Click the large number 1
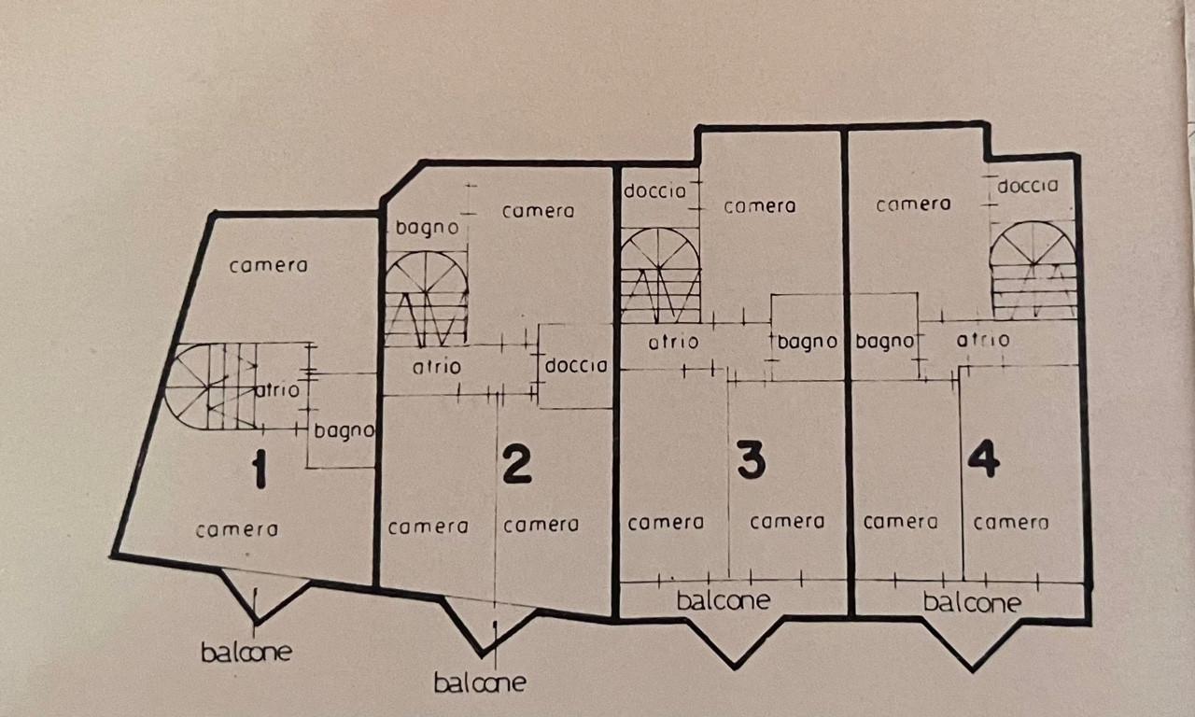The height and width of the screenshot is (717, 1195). click(259, 470)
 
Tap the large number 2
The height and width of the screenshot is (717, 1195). click(516, 464)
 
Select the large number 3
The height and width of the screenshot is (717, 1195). click(751, 460)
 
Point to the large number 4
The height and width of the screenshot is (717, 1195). click(984, 458)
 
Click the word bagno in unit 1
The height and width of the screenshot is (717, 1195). click(344, 431)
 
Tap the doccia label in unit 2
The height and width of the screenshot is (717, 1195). click(576, 366)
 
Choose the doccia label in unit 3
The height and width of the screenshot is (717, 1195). click(654, 191)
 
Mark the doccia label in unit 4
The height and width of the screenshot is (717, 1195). click(1028, 186)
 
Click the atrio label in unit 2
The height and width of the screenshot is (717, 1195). click(436, 368)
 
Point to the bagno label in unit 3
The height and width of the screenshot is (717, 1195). click(807, 343)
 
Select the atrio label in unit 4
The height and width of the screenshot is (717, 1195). click(982, 341)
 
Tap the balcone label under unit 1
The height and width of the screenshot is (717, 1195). click(246, 652)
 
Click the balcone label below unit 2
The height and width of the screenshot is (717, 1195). click(479, 683)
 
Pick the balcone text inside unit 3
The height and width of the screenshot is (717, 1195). click(724, 601)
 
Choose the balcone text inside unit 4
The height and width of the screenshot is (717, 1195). click(972, 603)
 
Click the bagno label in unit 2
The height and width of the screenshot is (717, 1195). click(427, 227)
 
